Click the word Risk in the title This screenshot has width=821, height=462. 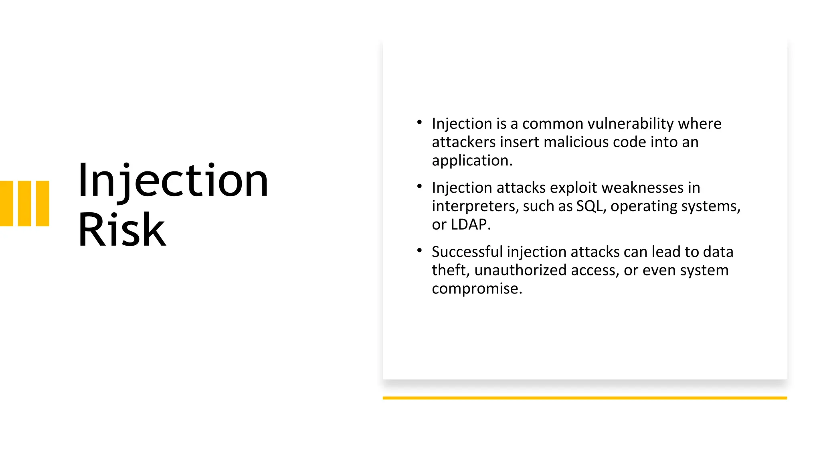pos(121,230)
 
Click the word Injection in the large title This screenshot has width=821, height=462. pos(173,181)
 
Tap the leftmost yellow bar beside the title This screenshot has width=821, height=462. pos(6,204)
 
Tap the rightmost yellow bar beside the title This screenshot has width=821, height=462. pos(42,204)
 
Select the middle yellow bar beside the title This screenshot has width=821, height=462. pos(24,204)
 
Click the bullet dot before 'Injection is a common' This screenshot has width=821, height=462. pos(419,122)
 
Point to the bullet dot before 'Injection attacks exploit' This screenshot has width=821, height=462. pos(419,186)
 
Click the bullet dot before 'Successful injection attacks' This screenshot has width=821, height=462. pos(419,250)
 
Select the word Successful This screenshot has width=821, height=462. pos(467,252)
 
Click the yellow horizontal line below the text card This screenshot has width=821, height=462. pos(584,398)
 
